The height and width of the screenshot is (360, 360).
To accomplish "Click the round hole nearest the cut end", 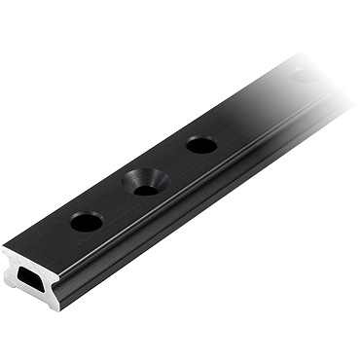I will click(87, 222).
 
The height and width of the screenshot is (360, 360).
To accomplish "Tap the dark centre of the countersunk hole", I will click(147, 187).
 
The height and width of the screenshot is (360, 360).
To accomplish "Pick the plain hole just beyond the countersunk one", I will click(201, 145).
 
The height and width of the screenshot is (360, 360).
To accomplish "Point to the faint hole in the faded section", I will click(305, 74).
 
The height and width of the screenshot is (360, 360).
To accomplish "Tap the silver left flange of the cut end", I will click(11, 271).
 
